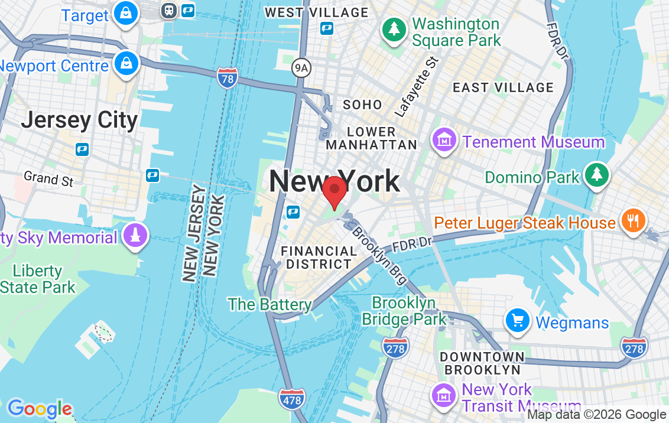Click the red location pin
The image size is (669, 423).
pyautogui.click(x=334, y=190)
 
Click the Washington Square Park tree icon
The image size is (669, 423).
pyautogui.click(x=393, y=30)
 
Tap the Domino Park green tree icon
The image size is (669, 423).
pyautogui.click(x=597, y=174)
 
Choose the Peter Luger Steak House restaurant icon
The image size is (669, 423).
pyautogui.click(x=634, y=221)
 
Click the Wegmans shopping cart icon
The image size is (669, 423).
pyautogui.click(x=518, y=321)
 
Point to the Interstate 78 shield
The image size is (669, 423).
pyautogui.click(x=228, y=79)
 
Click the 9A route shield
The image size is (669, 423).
pyautogui.click(x=301, y=69)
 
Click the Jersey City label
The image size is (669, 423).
pyautogui.click(x=79, y=121)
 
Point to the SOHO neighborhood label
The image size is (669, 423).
pyautogui.click(x=362, y=105)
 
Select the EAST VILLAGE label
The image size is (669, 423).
pyautogui.click(x=503, y=88)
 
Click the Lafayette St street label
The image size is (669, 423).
pyautogui.click(x=417, y=86)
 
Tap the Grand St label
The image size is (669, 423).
pyautogui.click(x=48, y=178)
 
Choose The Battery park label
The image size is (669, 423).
pyautogui.click(x=269, y=304)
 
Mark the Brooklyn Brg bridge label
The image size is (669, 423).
pyautogui.click(x=378, y=253)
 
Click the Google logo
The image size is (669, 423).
pyautogui.click(x=39, y=409)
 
